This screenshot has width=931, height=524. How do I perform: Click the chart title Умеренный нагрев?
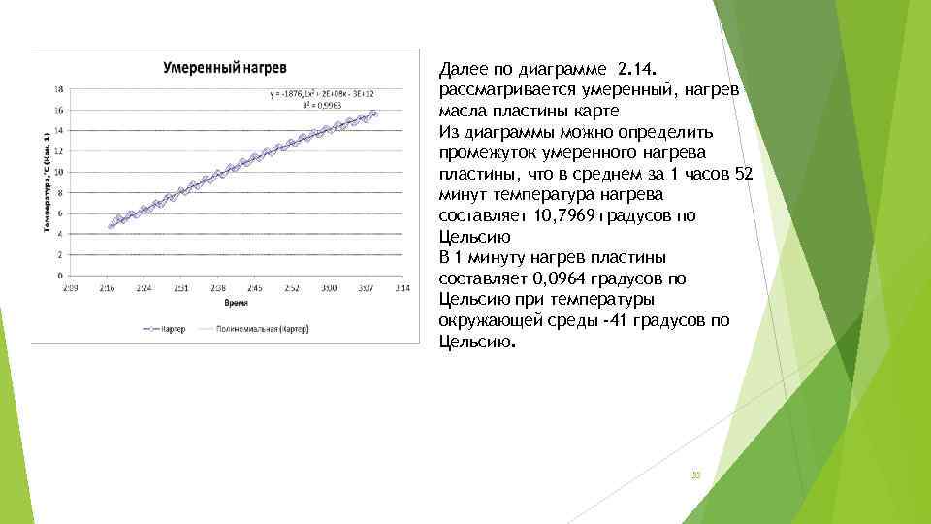tap(224, 69)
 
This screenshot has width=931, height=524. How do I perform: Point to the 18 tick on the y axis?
tap(59, 88)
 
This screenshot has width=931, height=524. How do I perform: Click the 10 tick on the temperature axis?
tap(59, 172)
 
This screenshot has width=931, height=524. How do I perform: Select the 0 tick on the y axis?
tap(60, 276)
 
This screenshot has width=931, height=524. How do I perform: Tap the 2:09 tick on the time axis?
tap(70, 288)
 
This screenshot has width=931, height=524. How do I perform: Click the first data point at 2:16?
tap(112, 226)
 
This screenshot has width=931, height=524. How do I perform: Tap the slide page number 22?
tap(694, 475)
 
